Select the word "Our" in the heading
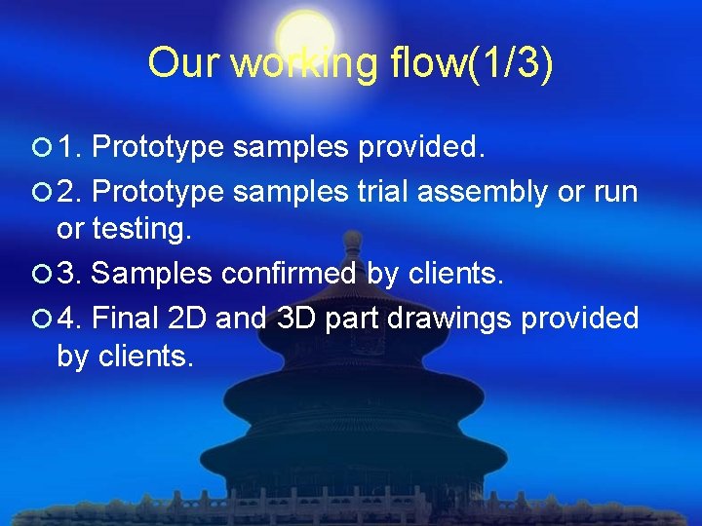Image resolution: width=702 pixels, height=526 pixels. click(x=186, y=64)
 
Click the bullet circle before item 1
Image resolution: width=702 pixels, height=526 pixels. click(x=40, y=149)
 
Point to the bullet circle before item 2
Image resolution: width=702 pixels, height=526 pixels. click(x=40, y=192)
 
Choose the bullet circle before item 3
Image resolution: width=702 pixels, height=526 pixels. click(x=40, y=275)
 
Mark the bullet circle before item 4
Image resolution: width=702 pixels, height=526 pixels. click(x=40, y=319)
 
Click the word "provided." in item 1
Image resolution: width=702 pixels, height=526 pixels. click(x=421, y=149)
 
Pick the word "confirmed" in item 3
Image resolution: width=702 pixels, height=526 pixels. click(x=289, y=275)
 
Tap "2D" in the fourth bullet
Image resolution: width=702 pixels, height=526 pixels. click(x=188, y=319)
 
